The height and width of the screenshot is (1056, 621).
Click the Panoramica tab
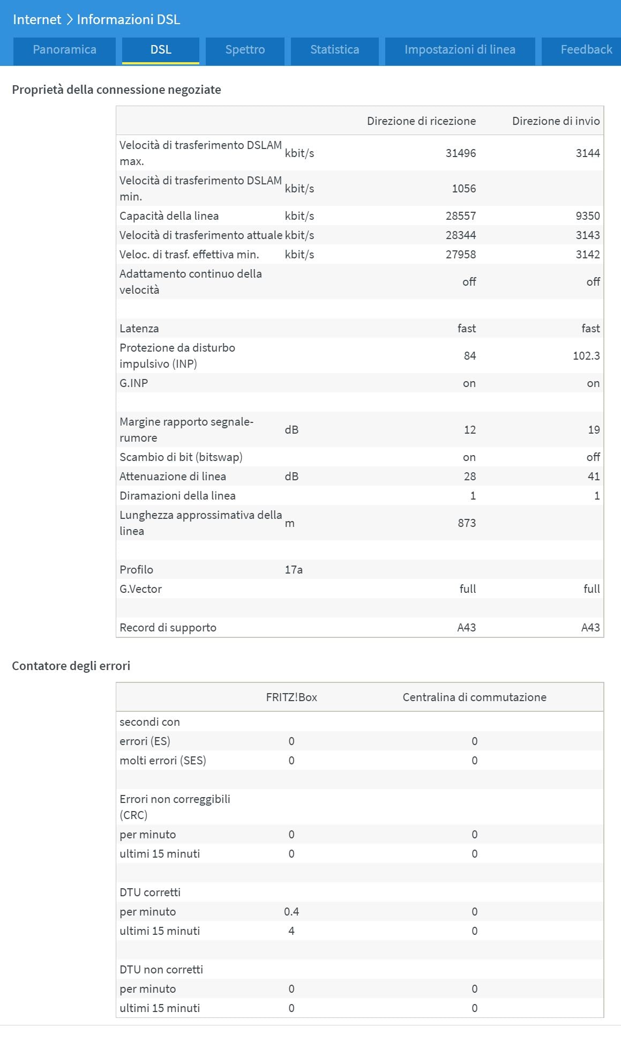(64, 50)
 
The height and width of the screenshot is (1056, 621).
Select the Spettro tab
(245, 50)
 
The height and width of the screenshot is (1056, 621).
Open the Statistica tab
(334, 50)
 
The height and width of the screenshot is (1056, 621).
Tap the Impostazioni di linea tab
(460, 50)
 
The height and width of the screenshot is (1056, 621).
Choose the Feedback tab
(586, 50)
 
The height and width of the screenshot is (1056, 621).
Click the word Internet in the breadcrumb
(37, 20)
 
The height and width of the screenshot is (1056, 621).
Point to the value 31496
(460, 153)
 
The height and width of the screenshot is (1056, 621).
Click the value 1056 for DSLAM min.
(463, 189)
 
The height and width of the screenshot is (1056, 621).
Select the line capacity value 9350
(587, 216)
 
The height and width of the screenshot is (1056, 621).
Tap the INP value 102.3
(586, 356)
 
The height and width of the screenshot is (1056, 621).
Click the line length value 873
(467, 523)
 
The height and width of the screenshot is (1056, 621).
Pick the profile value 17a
(294, 570)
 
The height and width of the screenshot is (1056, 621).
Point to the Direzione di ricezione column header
(421, 121)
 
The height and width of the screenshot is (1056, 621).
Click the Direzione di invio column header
(556, 121)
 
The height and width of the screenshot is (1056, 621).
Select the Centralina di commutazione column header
(474, 697)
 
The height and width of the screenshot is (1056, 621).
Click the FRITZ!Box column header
(291, 697)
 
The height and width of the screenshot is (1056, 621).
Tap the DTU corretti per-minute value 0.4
(291, 912)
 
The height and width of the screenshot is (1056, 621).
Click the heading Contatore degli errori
(71, 666)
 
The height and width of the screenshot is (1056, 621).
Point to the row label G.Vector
(140, 589)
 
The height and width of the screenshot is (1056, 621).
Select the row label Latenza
(139, 329)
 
